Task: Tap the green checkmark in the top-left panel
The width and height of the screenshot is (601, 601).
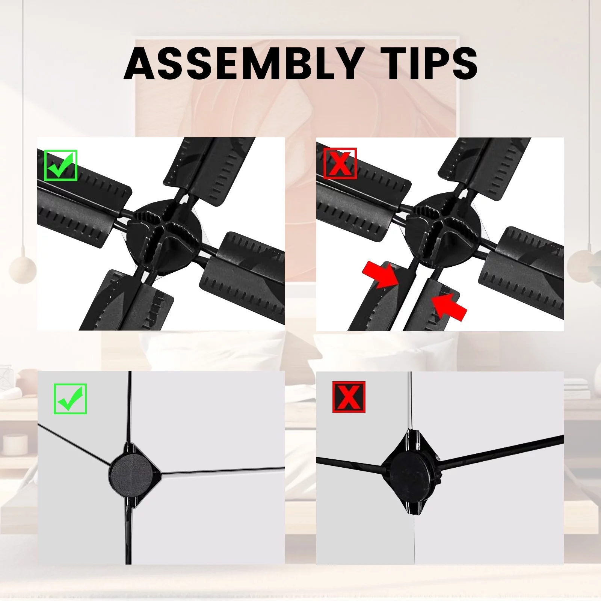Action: (60, 165)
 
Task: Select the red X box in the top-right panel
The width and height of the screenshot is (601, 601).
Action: (340, 163)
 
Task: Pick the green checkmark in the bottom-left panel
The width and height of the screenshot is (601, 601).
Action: (70, 399)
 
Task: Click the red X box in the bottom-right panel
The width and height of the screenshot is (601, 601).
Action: (349, 397)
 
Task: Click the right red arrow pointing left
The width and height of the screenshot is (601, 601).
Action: (449, 306)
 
